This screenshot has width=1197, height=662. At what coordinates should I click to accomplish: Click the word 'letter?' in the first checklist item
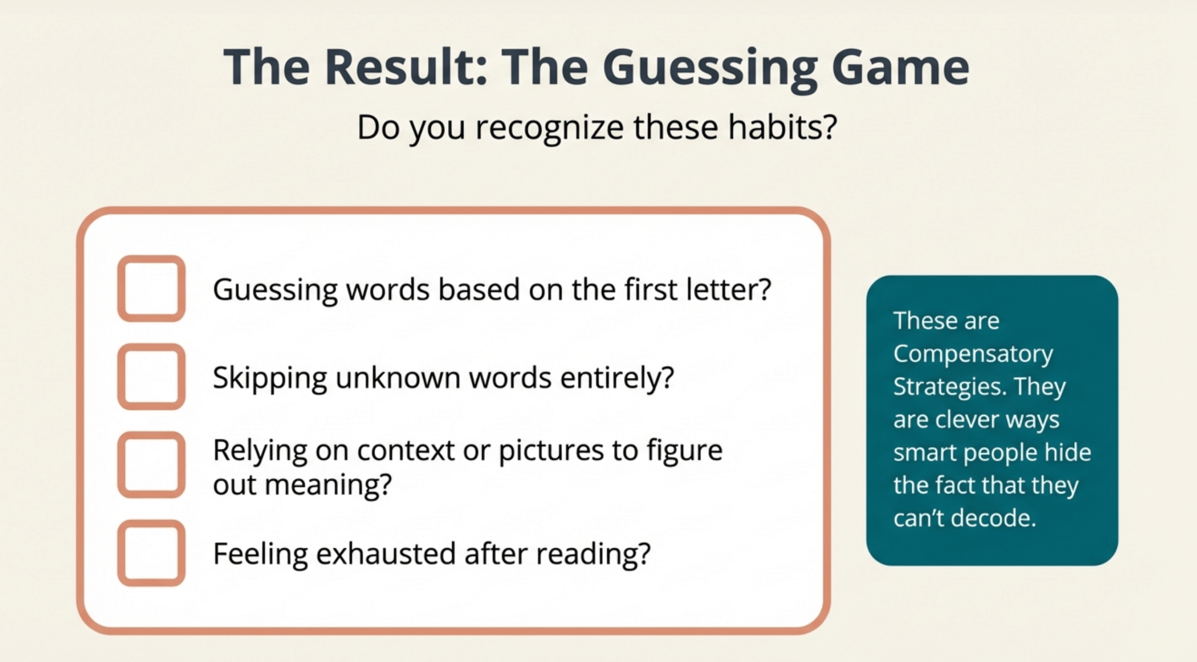click(728, 289)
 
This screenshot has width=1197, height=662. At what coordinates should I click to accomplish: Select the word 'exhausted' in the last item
click(386, 553)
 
